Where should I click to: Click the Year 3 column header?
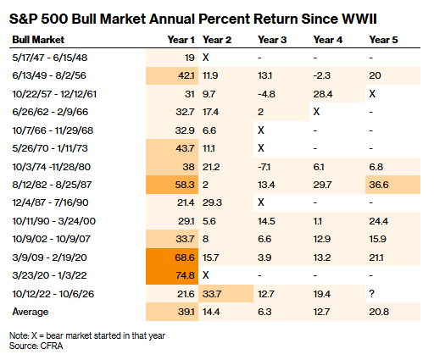[272, 40]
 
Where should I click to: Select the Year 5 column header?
[383, 40]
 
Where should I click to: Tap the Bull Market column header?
[38, 40]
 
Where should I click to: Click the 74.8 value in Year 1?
[185, 275]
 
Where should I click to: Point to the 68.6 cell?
[185, 258]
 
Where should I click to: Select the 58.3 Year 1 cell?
[185, 185]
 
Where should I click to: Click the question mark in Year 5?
[372, 294]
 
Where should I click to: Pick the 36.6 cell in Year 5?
[379, 185]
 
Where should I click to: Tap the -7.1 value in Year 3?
[264, 167]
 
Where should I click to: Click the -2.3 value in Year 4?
[322, 75]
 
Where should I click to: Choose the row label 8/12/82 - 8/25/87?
[52, 185]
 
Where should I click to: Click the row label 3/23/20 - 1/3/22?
[49, 275]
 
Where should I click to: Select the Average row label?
[31, 312]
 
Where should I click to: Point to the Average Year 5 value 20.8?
[379, 312]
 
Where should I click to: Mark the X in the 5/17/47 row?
[206, 58]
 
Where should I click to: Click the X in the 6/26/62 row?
[316, 112]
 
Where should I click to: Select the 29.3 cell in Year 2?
[212, 202]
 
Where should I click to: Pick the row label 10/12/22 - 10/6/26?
[53, 294]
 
